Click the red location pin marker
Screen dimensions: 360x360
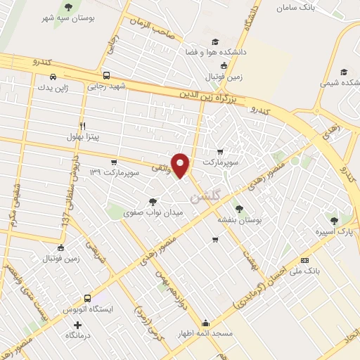181,165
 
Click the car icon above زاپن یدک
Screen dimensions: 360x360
53,77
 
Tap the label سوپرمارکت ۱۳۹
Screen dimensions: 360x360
134,172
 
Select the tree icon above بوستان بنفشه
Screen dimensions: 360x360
239,209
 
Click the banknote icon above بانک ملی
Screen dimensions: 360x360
304,259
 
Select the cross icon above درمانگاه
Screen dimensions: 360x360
77,325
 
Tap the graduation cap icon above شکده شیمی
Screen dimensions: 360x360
343,72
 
